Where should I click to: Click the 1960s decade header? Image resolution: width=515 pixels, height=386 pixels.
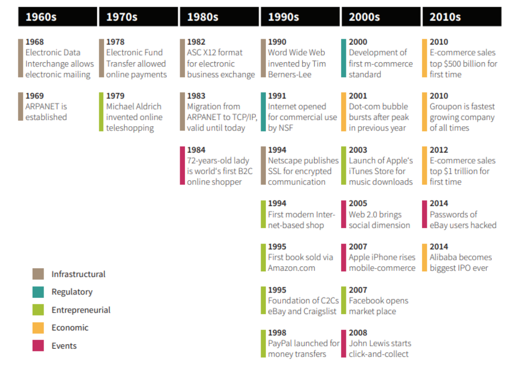coord(41,17)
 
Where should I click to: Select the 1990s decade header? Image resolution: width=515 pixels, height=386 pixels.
coord(283,17)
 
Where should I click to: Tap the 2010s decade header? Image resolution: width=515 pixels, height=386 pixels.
coord(445,17)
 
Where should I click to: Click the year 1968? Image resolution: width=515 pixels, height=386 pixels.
coord(35,42)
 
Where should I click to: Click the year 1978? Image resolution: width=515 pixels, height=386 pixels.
coord(115,42)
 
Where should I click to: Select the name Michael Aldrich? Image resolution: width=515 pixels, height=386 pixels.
coord(134,107)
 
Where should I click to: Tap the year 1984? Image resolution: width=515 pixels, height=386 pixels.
coord(196,150)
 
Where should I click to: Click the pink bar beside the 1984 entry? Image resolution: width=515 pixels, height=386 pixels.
coord(182,166)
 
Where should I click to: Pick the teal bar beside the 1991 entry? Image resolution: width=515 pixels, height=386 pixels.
coord(263,112)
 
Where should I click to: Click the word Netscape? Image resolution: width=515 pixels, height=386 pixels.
coord(285,161)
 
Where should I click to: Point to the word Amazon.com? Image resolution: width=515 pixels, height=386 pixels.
coord(292,268)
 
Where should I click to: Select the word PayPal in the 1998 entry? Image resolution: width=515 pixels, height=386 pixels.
coord(280,343)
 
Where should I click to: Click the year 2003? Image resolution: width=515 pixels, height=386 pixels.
coord(358,150)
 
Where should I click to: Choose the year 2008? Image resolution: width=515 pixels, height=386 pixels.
coord(358,333)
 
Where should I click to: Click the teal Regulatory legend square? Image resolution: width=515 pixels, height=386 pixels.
coord(38,292)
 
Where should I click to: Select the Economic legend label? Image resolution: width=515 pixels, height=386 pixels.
coord(70,328)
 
